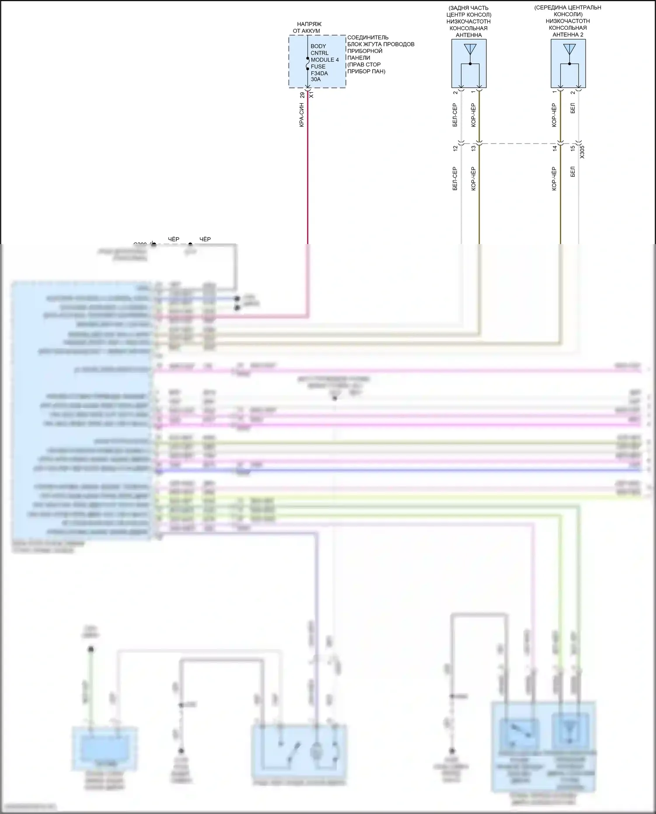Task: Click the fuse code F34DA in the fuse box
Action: [319, 73]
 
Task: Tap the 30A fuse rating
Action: [316, 80]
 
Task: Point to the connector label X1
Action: [311, 94]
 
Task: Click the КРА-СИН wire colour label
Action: [301, 115]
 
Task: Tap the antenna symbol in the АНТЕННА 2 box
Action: [569, 49]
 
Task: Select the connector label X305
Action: [582, 152]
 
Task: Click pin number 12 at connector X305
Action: [455, 148]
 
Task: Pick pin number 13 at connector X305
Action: [474, 148]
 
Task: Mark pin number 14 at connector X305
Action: [555, 148]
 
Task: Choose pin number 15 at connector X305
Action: [573, 148]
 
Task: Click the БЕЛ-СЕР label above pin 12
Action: [455, 115]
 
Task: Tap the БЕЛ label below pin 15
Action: [573, 171]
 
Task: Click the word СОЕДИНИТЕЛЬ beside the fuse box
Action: [368, 38]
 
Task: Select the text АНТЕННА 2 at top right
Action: [568, 35]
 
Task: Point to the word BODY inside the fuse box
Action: [318, 46]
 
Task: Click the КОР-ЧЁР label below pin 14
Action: [554, 178]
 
